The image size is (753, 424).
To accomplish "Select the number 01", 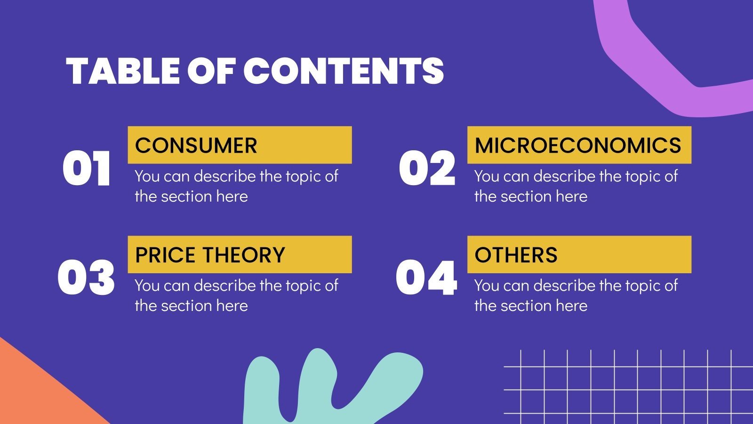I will [87, 169].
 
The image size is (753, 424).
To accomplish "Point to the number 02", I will [427, 169].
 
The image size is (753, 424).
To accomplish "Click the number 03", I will [86, 278].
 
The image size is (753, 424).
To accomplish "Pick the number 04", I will [426, 278].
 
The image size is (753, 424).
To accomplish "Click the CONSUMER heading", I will [196, 145].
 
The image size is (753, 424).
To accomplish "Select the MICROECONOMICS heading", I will [578, 145].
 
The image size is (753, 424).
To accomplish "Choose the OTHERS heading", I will [516, 255].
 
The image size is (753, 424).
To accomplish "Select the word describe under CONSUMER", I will [225, 176].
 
